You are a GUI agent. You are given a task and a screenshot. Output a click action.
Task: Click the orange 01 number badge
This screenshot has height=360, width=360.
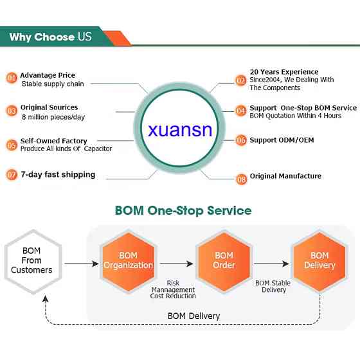pyautogui.click(x=12, y=78)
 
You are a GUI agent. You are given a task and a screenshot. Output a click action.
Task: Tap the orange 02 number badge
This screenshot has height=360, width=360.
pyautogui.click(x=241, y=80)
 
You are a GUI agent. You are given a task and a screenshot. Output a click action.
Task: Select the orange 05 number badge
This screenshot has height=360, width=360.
pyautogui.click(x=12, y=145)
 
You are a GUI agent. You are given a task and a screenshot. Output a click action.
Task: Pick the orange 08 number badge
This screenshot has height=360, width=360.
pyautogui.click(x=241, y=179)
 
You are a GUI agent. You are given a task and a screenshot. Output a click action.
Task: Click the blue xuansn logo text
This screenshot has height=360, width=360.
pyautogui.click(x=180, y=130)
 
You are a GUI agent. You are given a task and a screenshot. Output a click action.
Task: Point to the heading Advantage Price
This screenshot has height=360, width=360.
pyautogui.click(x=48, y=75)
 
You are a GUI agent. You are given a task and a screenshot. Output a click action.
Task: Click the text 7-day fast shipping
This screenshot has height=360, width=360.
pyautogui.click(x=58, y=175)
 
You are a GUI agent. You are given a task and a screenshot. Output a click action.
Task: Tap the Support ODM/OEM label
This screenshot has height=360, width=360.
pyautogui.click(x=282, y=140)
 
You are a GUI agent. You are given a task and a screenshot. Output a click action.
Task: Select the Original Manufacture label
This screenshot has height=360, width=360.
pyautogui.click(x=285, y=176)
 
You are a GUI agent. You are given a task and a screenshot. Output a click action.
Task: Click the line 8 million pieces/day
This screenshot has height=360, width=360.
pyautogui.click(x=53, y=117)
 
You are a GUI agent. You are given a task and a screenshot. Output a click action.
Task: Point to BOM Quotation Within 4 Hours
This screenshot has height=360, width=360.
pyautogui.click(x=296, y=116)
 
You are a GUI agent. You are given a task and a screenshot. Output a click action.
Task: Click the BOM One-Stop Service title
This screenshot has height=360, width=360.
pyautogui.click(x=183, y=211)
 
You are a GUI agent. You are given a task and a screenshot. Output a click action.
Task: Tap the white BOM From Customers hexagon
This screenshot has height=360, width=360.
pyautogui.click(x=33, y=262)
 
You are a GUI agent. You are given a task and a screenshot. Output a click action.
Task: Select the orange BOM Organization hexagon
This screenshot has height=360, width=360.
pyautogui.click(x=128, y=262)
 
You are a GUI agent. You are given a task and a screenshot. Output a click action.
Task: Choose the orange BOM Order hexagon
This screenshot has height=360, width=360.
pyautogui.click(x=224, y=262)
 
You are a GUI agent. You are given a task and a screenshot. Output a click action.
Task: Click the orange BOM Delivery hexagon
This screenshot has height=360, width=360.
pyautogui.click(x=319, y=262)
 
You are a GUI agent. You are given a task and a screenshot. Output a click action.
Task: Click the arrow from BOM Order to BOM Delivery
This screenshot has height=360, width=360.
pyautogui.click(x=271, y=264)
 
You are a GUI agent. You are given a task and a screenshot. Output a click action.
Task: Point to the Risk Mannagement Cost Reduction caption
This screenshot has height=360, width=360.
pyautogui.click(x=173, y=289)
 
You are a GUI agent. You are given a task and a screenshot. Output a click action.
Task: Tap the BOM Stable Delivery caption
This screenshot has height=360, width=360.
pyautogui.click(x=273, y=286)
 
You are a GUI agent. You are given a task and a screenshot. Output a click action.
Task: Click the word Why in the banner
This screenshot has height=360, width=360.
pyautogui.click(x=20, y=37)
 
